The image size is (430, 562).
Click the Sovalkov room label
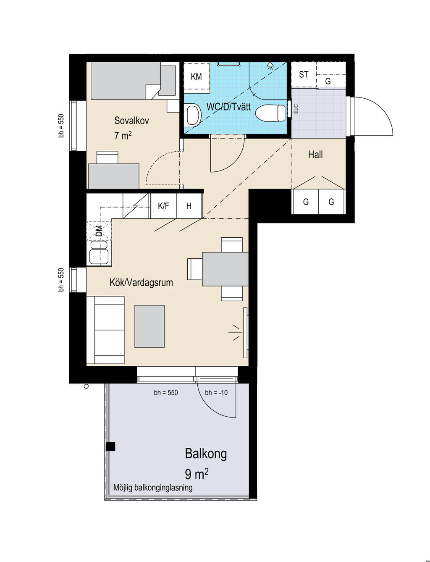click(x=131, y=121)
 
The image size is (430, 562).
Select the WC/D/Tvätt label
click(x=228, y=107)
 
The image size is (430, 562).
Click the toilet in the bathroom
click(x=270, y=113)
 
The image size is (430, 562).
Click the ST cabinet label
click(x=304, y=74)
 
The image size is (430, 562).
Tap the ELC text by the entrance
click(x=296, y=109)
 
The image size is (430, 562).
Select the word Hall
click(x=315, y=155)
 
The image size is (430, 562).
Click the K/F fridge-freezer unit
click(x=163, y=206)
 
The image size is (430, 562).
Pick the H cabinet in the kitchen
click(x=189, y=206)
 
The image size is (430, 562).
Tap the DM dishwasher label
click(x=99, y=231)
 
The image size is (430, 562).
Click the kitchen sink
click(x=99, y=252)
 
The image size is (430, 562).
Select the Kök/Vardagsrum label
click(x=141, y=282)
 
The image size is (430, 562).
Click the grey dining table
click(x=225, y=269)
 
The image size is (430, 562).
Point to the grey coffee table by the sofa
click(x=149, y=326)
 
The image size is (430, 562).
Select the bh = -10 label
click(x=216, y=392)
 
